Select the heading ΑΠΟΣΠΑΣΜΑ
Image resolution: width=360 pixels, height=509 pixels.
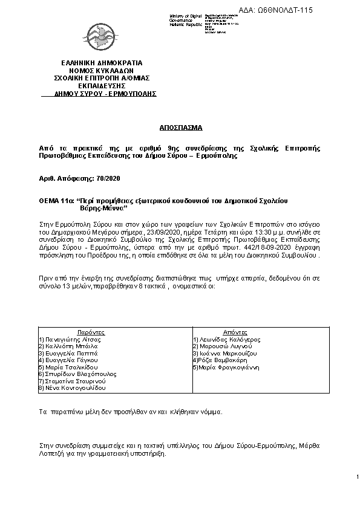tap(180, 128)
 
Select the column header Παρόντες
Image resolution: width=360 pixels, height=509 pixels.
tap(92, 332)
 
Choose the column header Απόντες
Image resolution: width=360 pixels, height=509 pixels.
tap(234, 332)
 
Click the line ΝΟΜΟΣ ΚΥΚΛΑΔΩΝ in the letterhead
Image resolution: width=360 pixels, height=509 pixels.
tap(100, 70)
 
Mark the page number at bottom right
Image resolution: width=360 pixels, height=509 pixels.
tap(358, 478)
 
